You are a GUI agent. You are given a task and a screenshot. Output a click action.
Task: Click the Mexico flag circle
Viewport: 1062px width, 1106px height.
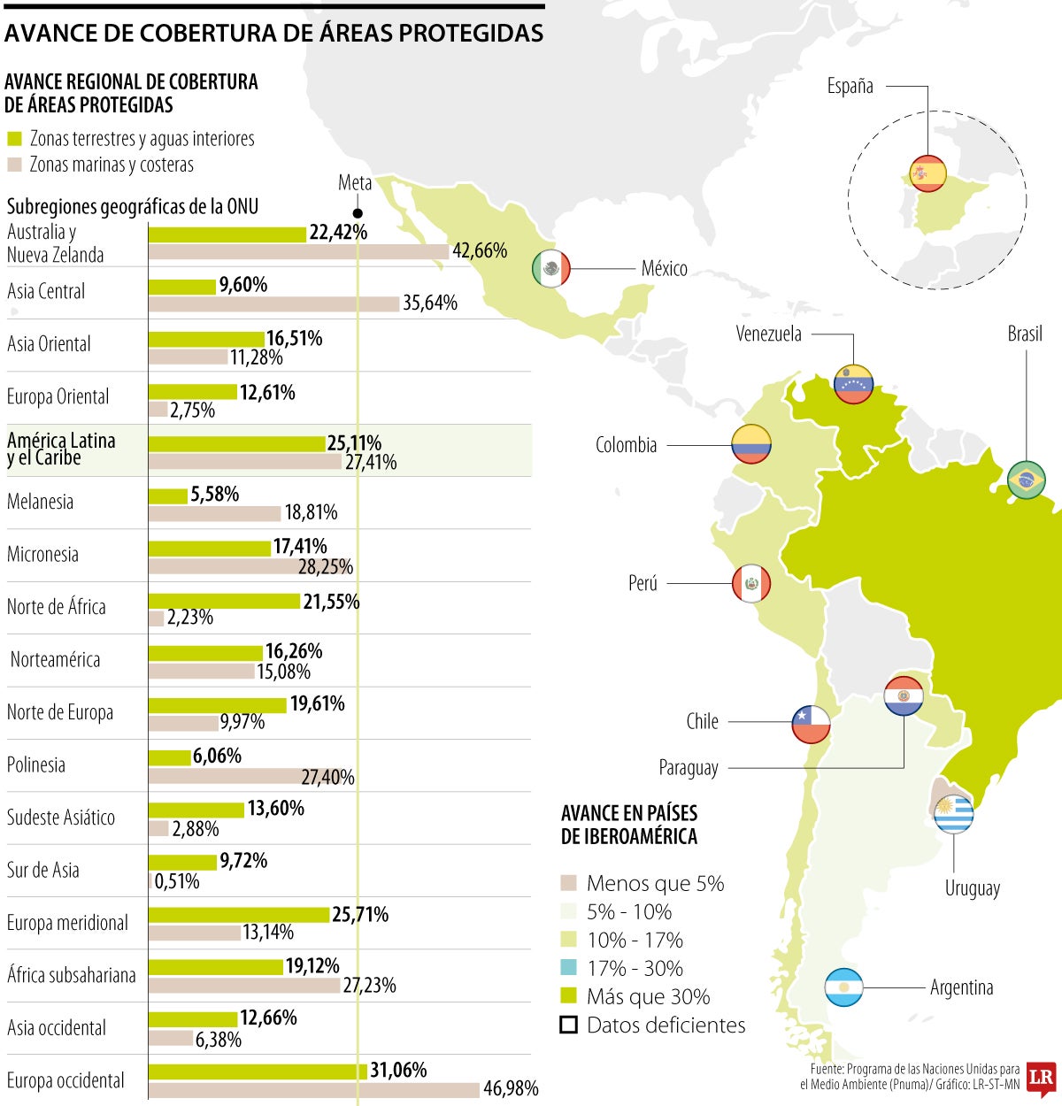551,268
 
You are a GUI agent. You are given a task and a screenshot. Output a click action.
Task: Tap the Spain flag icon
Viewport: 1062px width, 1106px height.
927,173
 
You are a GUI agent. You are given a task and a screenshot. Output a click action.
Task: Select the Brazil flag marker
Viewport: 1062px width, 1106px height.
1027,480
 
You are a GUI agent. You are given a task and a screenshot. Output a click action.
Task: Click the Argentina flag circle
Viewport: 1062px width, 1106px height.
843,987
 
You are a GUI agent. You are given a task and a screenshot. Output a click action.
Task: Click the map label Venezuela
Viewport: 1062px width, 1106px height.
768,334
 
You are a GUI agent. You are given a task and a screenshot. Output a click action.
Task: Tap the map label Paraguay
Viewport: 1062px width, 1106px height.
688,768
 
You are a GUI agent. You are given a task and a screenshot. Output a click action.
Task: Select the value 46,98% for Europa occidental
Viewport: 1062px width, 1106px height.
511,1089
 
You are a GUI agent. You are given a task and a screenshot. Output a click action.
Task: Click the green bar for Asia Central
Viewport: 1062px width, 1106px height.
182,287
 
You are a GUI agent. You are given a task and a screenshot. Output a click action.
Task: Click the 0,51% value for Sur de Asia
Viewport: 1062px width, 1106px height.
177,882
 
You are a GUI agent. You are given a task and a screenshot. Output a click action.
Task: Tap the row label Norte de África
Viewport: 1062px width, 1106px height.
57,607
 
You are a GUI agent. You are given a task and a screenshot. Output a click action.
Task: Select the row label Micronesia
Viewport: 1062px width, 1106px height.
42,555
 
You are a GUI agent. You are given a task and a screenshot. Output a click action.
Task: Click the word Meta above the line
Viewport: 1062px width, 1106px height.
355,183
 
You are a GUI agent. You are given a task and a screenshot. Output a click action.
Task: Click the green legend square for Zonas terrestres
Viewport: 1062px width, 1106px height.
14,139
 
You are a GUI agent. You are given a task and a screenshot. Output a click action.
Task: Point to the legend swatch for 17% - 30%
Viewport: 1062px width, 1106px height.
569,968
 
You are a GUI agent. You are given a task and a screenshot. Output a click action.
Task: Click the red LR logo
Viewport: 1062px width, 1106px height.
1042,1079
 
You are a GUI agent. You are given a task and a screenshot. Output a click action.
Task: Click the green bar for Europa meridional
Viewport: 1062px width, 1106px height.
239,914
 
